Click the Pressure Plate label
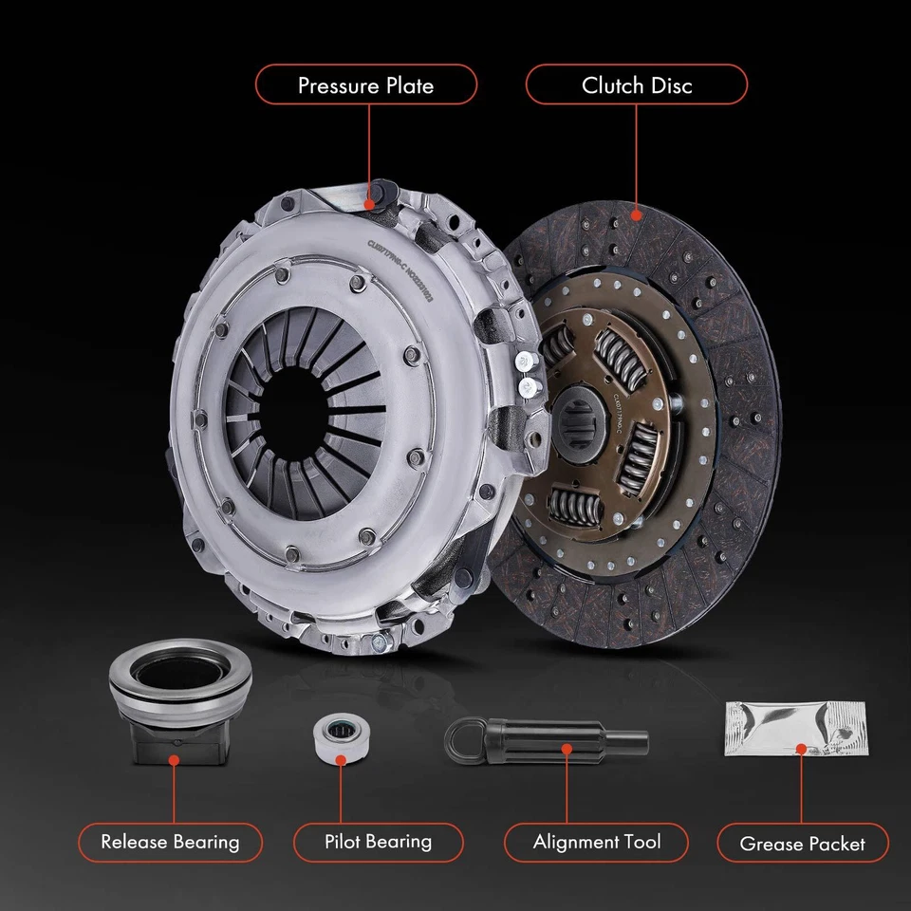pyautogui.click(x=365, y=85)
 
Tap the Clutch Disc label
pyautogui.click(x=637, y=85)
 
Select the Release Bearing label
pyautogui.click(x=170, y=841)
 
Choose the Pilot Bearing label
pyautogui.click(x=378, y=841)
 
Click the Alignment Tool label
pyautogui.click(x=596, y=842)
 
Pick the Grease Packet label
pyautogui.click(x=802, y=843)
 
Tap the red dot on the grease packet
pyautogui.click(x=801, y=749)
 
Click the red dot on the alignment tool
pyautogui.click(x=566, y=748)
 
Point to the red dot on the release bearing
pyautogui.click(x=174, y=758)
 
